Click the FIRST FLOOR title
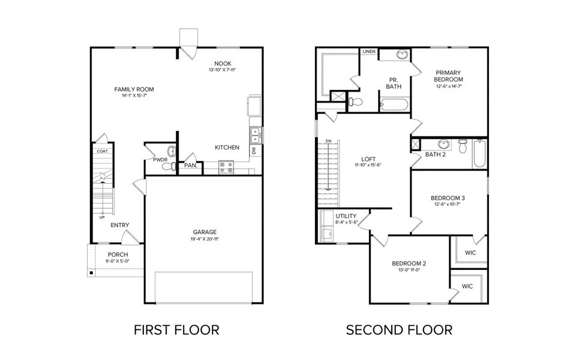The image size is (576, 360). coord(176,329)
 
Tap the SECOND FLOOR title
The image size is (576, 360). coord(399,329)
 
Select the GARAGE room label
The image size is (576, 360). coord(205,232)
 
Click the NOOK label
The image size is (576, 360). coord(223,64)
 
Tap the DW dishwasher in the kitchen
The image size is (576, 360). coord(254,151)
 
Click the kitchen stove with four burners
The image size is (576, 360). coord(226,167)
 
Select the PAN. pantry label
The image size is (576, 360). coord(191,165)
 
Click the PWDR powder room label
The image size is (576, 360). coord(160,160)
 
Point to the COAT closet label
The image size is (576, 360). coord(103,151)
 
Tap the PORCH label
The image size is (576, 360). coord(118,254)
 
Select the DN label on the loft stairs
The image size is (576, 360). coord(328,141)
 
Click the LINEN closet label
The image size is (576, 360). coord(369,52)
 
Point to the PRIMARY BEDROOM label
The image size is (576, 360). coord(449,76)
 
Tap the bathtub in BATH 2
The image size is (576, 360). coord(479,154)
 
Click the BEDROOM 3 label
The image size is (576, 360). coord(448,198)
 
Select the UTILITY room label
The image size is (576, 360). coord(346,216)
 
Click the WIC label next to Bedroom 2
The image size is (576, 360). coord(467,286)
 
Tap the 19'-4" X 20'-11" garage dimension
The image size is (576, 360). coord(205,239)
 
